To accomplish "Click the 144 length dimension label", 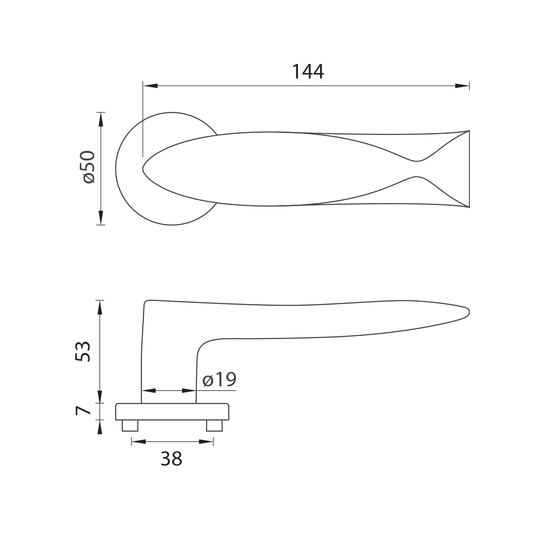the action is [308, 72].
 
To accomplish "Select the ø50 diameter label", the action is [87, 167].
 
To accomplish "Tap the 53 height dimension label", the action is [83, 351].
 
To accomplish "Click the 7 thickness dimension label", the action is [83, 411].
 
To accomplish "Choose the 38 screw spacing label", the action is [171, 459].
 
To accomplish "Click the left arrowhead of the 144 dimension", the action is [150, 86].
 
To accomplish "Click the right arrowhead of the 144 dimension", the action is [462, 86].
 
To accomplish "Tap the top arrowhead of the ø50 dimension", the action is [101, 119].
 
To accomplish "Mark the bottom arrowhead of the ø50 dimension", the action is [101, 218].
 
